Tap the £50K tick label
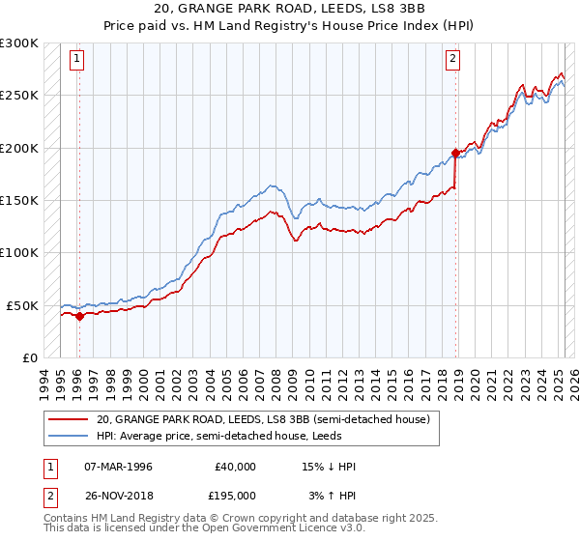(x=23, y=305)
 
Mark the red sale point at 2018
(x=455, y=153)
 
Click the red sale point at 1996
(x=79, y=316)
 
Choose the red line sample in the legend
(x=68, y=419)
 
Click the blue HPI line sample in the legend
(x=68, y=436)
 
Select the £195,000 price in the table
(x=235, y=495)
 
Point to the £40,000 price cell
(x=235, y=467)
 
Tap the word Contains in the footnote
(x=67, y=519)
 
